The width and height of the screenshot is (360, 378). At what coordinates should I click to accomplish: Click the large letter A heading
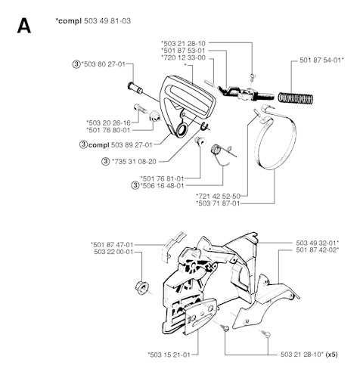(24, 26)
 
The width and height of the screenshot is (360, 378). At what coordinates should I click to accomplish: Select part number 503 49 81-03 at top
(107, 20)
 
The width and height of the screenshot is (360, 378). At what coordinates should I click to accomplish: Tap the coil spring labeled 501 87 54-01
(296, 98)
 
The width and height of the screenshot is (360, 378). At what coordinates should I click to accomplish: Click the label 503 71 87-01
(217, 203)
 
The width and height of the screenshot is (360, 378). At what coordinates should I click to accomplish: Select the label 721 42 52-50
(218, 196)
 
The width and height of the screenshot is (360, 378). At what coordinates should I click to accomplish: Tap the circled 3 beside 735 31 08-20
(105, 161)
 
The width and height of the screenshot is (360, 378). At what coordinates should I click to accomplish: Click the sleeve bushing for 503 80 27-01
(135, 88)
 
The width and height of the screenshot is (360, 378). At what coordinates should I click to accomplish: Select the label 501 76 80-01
(108, 130)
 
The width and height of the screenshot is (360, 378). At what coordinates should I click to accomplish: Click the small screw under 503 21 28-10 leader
(252, 76)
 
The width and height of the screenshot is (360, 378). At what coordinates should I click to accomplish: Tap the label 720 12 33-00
(183, 57)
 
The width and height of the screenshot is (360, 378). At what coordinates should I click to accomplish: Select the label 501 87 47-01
(112, 244)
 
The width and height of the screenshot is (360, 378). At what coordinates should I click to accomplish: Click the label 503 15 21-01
(169, 355)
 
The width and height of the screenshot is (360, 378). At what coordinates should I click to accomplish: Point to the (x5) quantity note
(331, 355)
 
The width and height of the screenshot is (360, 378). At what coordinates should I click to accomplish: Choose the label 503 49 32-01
(318, 243)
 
